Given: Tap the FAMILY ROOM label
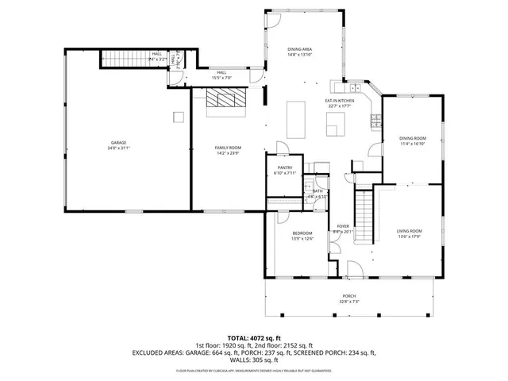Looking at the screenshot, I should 228,148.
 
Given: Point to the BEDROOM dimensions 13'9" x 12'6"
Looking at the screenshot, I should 301,239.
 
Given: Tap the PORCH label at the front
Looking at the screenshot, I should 349,295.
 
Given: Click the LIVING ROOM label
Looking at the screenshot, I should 410,231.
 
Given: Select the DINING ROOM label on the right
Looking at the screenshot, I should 413,139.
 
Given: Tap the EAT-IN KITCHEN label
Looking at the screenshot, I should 339,101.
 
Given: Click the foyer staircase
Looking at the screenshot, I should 363,214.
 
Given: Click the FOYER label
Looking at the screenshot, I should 344,227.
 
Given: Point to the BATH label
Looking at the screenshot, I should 317,191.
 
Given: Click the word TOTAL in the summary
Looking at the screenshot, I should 240,338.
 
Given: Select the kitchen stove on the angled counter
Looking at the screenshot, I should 375,119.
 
